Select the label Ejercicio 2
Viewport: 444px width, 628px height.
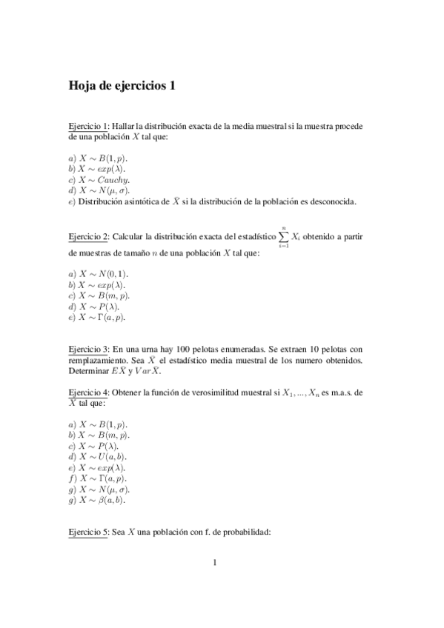tap(88, 237)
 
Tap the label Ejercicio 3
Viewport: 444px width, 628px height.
tap(88, 348)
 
